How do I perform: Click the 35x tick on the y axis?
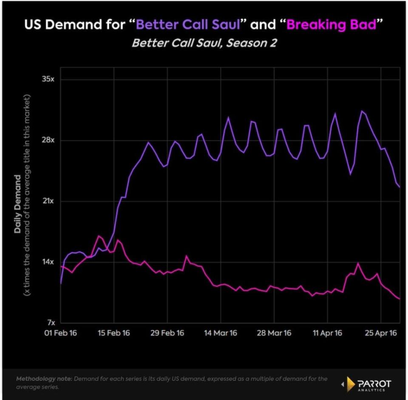click(x=48, y=79)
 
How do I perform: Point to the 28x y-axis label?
click(x=48, y=140)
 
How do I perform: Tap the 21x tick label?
click(x=48, y=201)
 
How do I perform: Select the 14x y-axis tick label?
click(x=48, y=261)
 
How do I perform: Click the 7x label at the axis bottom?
click(x=51, y=323)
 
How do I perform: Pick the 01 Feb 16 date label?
click(x=61, y=333)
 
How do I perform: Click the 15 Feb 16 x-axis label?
click(x=114, y=333)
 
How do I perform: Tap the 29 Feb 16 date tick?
click(x=167, y=333)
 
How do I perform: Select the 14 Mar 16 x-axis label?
click(x=221, y=333)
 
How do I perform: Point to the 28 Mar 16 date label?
click(x=274, y=333)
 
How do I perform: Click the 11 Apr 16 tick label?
click(x=327, y=333)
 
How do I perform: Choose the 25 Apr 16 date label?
click(x=381, y=333)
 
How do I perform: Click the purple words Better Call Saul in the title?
click(x=188, y=25)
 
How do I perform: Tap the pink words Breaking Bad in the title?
click(x=331, y=25)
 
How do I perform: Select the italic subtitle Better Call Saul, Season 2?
click(x=204, y=43)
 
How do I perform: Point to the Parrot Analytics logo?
click(x=367, y=384)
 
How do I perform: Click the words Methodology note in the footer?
click(x=44, y=379)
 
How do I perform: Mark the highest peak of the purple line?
click(x=362, y=111)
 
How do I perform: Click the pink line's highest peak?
click(x=99, y=236)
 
